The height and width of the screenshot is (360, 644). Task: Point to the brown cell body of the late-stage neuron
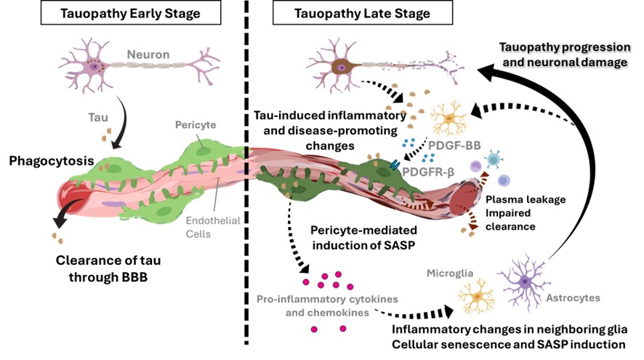(339, 66)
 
